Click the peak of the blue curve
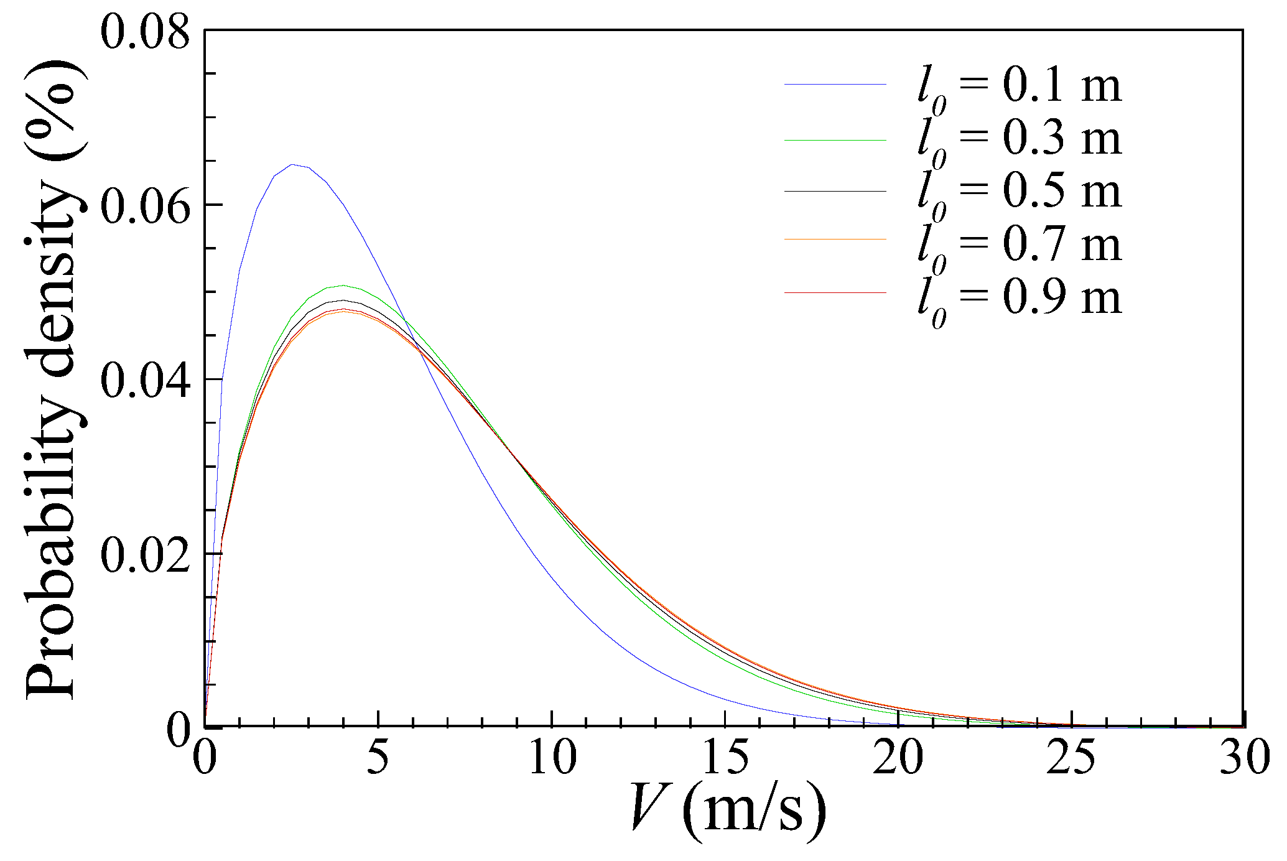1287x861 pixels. [x=292, y=165]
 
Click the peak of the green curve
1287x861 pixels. [x=343, y=286]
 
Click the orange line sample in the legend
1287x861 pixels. [x=835, y=239]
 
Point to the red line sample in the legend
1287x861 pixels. [x=835, y=292]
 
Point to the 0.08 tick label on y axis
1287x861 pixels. [x=145, y=32]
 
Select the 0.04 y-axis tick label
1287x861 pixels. [x=145, y=381]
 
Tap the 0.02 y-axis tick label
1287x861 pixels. [x=145, y=556]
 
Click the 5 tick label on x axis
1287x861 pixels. [x=378, y=758]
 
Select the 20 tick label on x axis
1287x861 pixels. [x=898, y=758]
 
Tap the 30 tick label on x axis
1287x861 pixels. [x=1244, y=758]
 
